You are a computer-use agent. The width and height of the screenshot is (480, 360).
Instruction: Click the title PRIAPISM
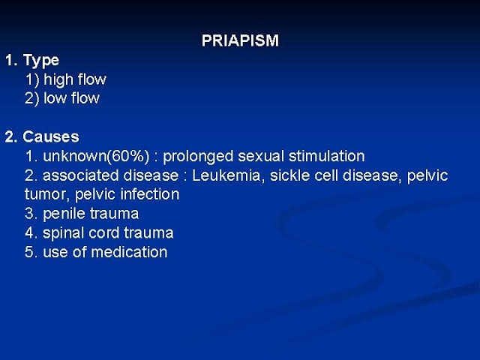point(240,40)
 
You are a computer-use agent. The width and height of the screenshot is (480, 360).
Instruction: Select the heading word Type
point(41,61)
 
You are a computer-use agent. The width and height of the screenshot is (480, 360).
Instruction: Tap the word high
point(58,80)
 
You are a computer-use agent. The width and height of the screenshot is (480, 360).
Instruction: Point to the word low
point(55,98)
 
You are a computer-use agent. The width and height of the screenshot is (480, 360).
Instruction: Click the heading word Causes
point(51,136)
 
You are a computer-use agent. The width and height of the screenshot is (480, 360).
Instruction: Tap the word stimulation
point(327,156)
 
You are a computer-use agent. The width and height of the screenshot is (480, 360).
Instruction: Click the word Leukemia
point(226,175)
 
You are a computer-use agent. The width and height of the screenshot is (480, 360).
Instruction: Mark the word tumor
point(47,195)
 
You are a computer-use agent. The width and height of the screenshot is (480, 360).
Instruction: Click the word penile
point(64,214)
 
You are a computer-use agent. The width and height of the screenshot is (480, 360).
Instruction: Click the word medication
point(129,252)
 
